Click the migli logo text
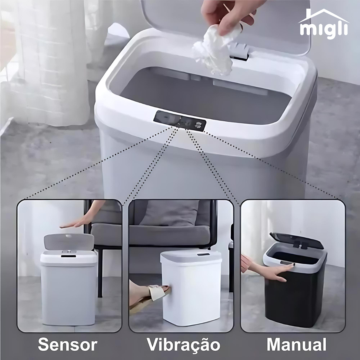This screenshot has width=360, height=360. [323, 29]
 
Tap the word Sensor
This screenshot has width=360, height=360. [67, 344]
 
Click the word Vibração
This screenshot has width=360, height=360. [183, 344]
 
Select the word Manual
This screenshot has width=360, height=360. [296, 344]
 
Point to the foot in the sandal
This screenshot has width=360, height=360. [147, 293]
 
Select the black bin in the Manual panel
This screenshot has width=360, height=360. [293, 297]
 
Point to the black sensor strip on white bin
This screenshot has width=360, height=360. [203, 255]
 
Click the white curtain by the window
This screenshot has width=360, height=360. [50, 60]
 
